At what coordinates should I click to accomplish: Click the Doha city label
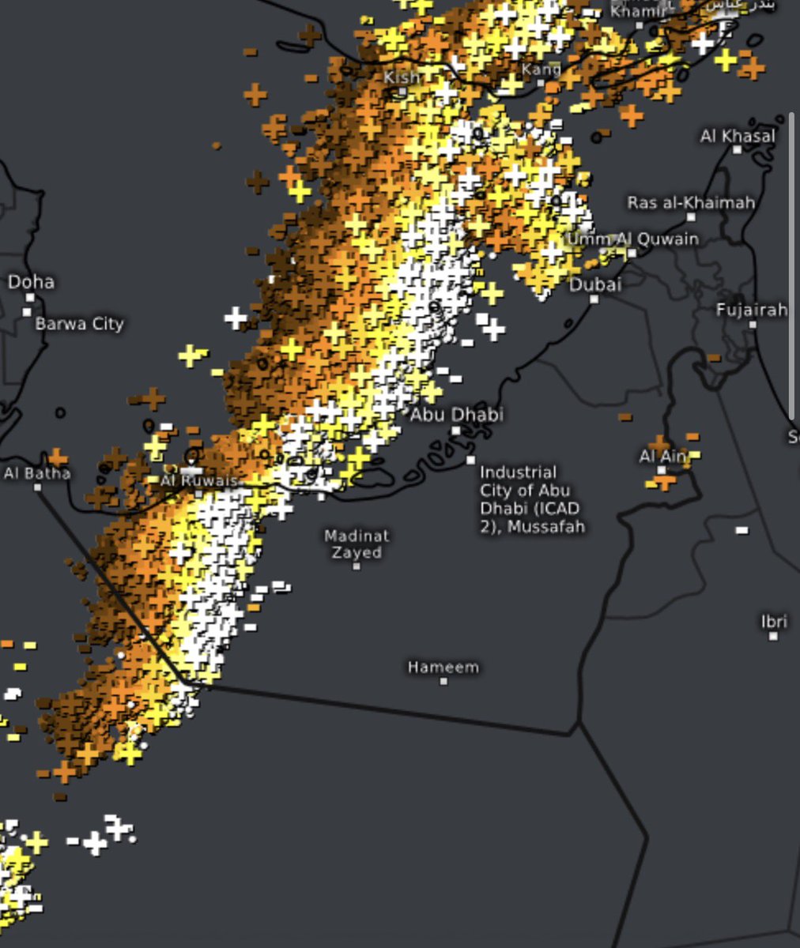[32, 282]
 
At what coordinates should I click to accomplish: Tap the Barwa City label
[79, 324]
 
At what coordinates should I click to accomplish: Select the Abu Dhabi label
[456, 414]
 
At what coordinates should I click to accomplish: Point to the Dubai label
[595, 285]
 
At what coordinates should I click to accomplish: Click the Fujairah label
[751, 310]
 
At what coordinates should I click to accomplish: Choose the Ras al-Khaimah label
[691, 203]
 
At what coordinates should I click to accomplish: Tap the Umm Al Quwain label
[632, 239]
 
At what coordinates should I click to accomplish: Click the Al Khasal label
[737, 137]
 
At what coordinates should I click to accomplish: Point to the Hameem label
[443, 668]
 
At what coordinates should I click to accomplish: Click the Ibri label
[774, 622]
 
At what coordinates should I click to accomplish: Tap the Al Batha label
[37, 473]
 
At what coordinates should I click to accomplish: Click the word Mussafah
[546, 526]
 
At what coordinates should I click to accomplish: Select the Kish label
[402, 77]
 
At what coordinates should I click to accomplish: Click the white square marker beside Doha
[30, 298]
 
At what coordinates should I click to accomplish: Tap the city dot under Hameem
[443, 681]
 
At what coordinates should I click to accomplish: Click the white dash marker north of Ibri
[742, 530]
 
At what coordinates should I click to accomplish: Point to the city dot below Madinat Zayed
[357, 566]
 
